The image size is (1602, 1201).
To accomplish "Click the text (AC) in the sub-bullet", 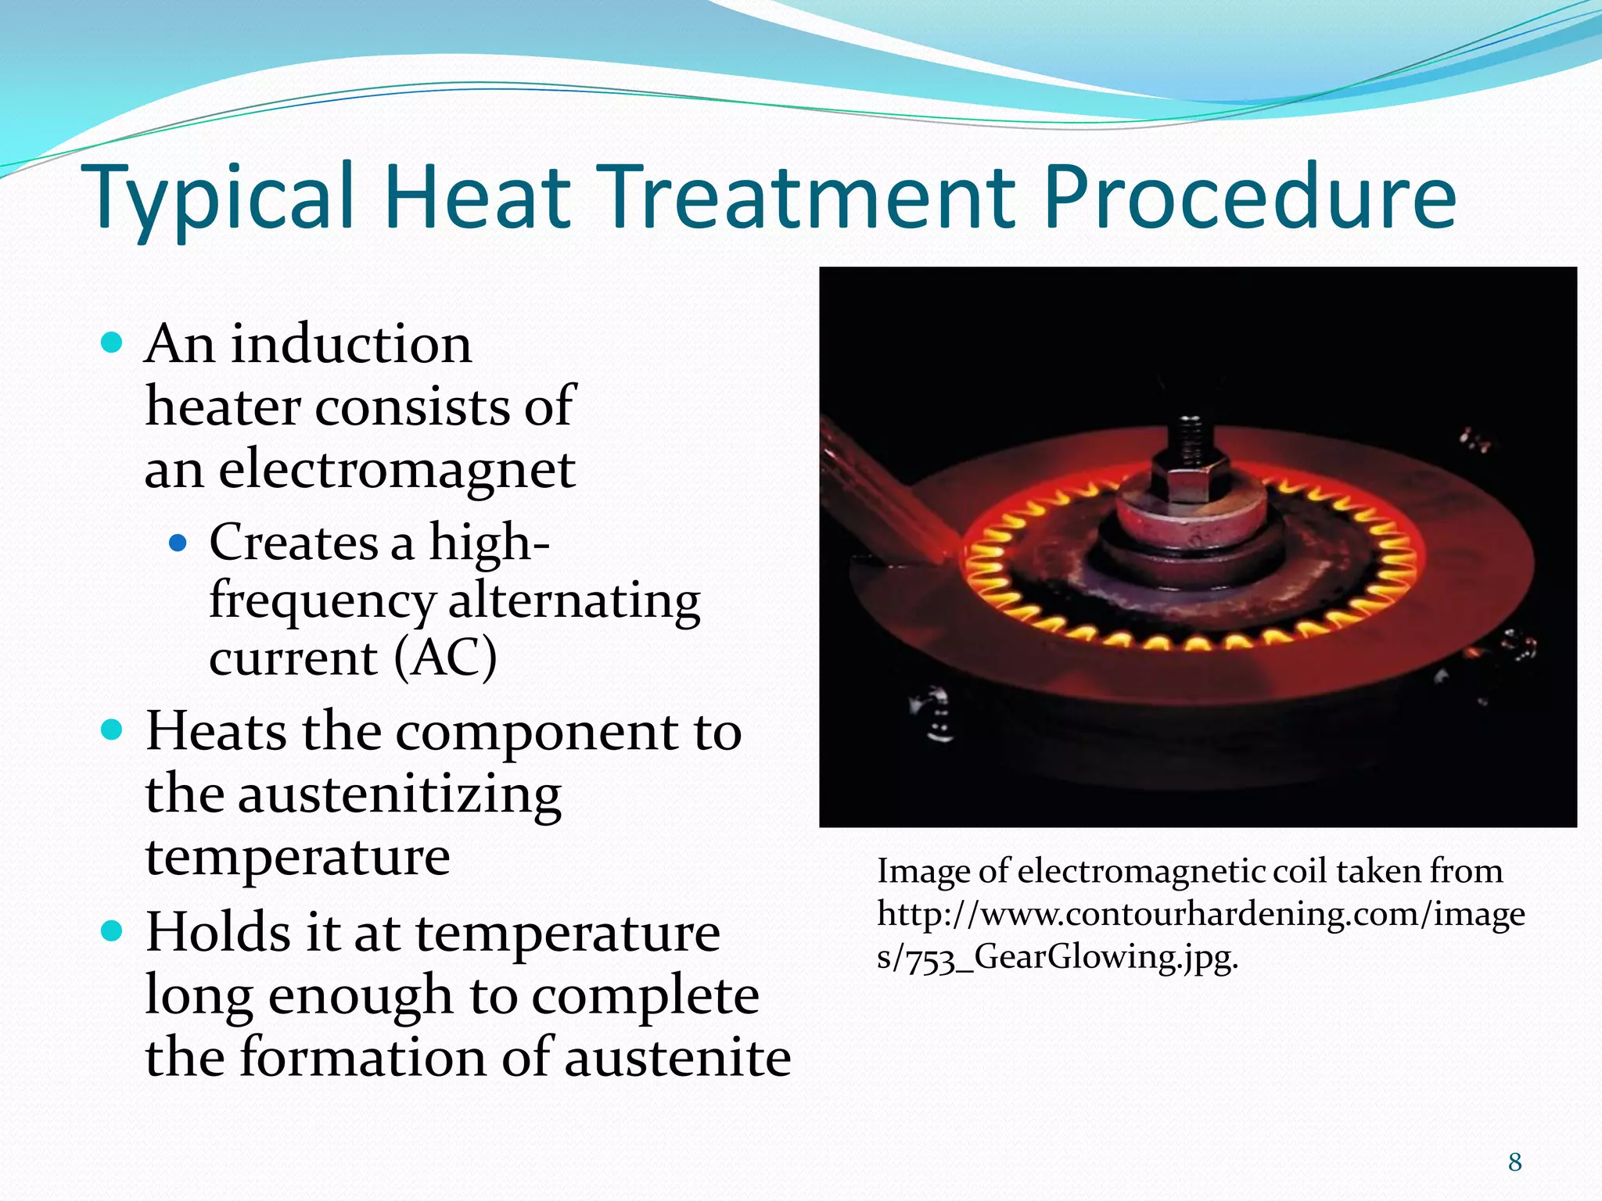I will pyautogui.click(x=445, y=657).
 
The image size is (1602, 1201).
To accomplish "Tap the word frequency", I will pyautogui.click(x=322, y=602).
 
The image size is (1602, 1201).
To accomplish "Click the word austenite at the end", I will pyautogui.click(x=677, y=1058).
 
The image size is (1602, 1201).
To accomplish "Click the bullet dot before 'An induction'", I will pyautogui.click(x=112, y=342).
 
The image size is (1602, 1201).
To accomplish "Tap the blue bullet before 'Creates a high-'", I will pyautogui.click(x=178, y=543).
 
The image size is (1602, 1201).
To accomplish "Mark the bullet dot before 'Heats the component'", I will pyautogui.click(x=112, y=730).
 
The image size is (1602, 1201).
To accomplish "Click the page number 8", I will pyautogui.click(x=1514, y=1162).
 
